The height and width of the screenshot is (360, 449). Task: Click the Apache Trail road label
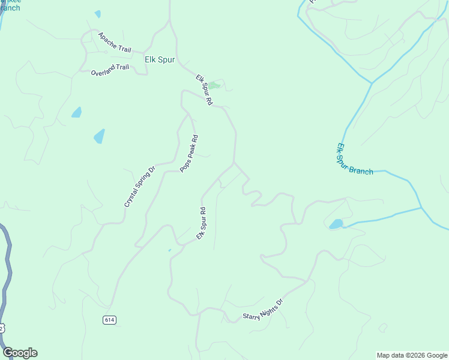(114, 43)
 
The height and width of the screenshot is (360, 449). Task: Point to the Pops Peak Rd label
(189, 154)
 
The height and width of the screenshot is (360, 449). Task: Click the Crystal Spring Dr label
(140, 187)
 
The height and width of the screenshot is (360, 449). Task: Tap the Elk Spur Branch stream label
(355, 160)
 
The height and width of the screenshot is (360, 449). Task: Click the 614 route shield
(109, 320)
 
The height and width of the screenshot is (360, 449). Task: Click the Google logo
(20, 353)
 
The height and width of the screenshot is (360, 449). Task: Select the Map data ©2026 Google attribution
(412, 355)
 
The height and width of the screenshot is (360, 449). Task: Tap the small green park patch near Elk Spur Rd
(214, 85)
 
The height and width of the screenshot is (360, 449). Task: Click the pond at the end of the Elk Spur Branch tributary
(336, 224)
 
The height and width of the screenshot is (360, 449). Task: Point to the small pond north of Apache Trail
(97, 14)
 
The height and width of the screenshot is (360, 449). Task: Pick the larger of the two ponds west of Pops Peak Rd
(99, 136)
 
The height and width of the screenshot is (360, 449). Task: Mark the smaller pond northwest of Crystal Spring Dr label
(76, 112)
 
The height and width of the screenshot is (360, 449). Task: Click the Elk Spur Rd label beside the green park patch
(204, 90)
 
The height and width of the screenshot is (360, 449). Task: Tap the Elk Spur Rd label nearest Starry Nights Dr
(202, 224)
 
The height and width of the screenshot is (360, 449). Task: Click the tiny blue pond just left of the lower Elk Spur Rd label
(170, 250)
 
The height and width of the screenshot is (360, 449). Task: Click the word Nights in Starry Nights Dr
(265, 308)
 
